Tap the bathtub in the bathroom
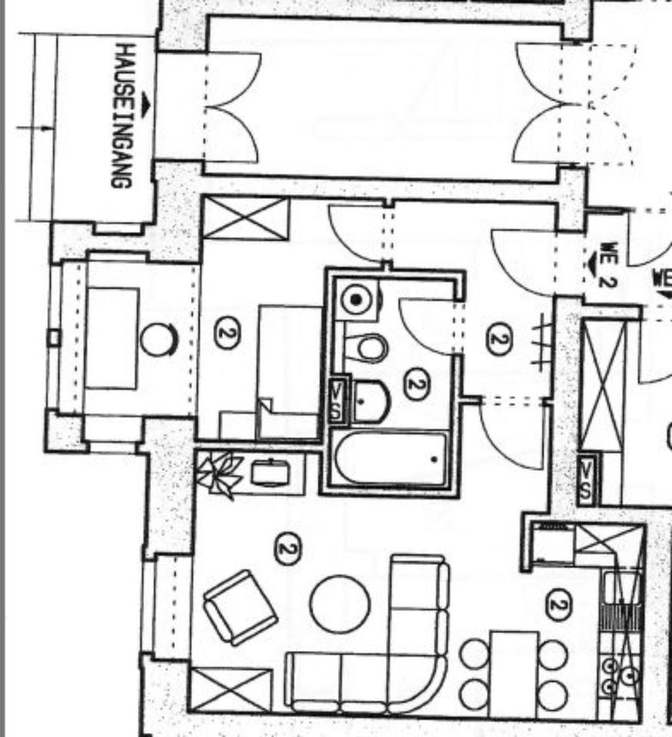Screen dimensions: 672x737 tap(391, 458)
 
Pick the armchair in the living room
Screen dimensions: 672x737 tap(240, 606)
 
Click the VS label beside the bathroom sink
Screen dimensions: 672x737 tap(336, 399)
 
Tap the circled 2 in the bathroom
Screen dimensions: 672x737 tap(415, 385)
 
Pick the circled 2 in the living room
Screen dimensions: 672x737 tap(288, 549)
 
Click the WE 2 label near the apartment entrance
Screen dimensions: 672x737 tap(607, 265)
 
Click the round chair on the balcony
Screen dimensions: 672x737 tap(159, 339)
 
